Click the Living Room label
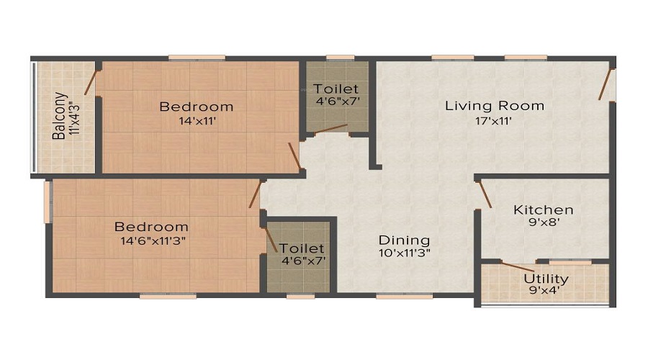coord(494,106)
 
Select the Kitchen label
coord(543,210)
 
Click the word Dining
coord(405,240)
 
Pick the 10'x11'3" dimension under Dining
coord(405,253)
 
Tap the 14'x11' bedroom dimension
coord(197,122)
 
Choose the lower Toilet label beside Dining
coord(297,248)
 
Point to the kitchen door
coord(485,194)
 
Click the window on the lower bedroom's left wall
coord(47,202)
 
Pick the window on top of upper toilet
coord(340,58)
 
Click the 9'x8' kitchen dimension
coord(543,224)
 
